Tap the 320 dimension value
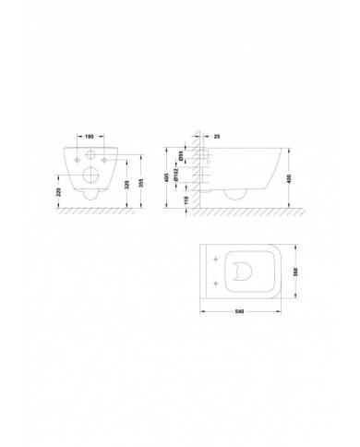126,184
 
